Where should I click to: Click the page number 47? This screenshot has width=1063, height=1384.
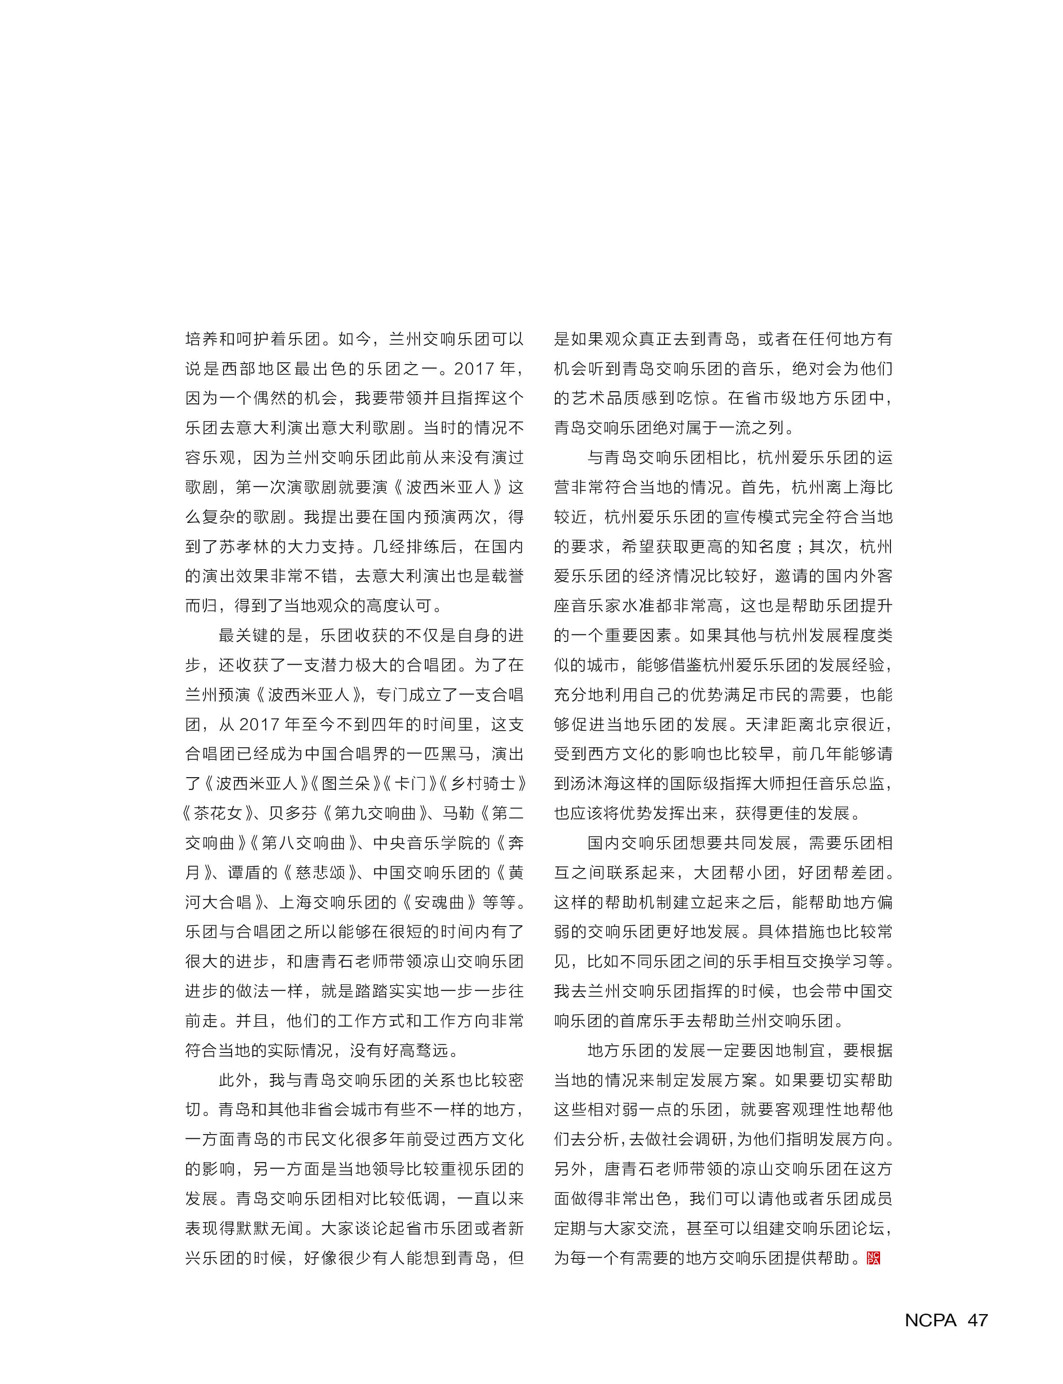[978, 1320]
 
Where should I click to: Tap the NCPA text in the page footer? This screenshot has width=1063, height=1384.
[930, 1320]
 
